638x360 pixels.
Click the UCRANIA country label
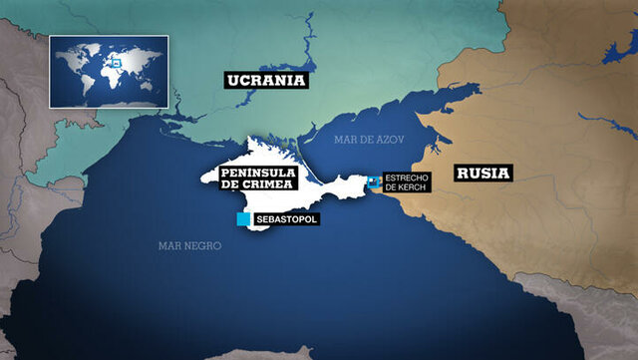pyautogui.click(x=264, y=80)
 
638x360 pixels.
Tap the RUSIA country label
pyautogui.click(x=483, y=173)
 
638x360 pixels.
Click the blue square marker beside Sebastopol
pyautogui.click(x=243, y=218)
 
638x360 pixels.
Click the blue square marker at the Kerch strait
pyautogui.click(x=375, y=181)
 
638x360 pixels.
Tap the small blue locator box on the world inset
pyautogui.click(x=116, y=63)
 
